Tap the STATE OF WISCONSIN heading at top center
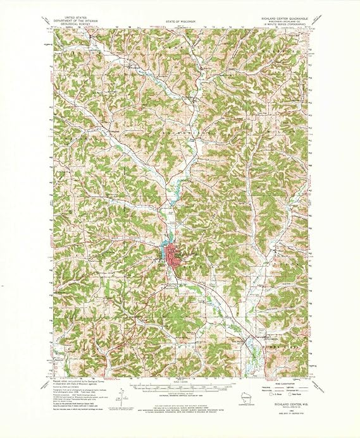coord(181,21)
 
